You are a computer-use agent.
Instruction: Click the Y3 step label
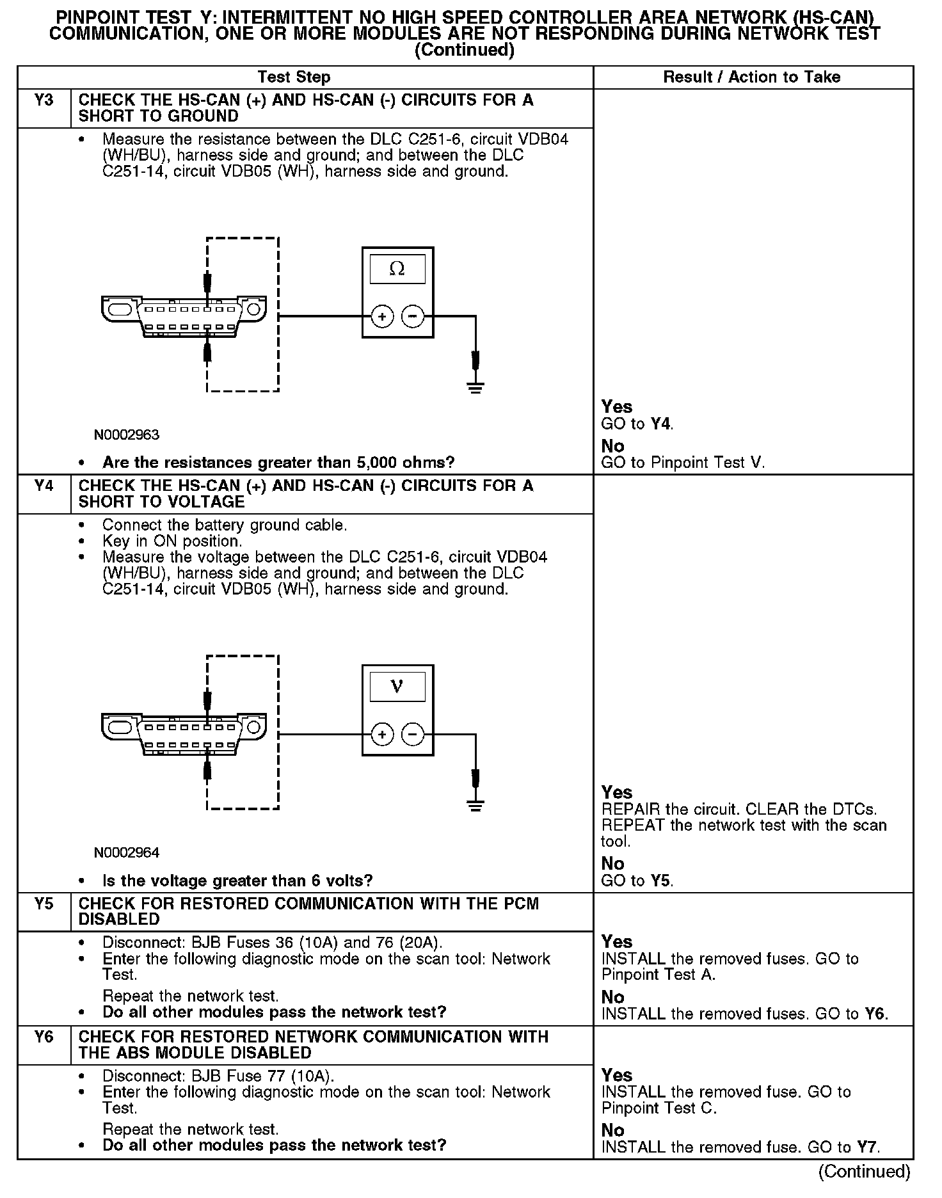click(x=44, y=100)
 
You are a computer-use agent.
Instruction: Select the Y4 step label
click(x=44, y=486)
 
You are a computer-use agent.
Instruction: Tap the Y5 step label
click(x=44, y=904)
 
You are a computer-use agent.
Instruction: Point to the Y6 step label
click(x=44, y=1037)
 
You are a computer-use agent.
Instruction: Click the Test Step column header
click(x=294, y=77)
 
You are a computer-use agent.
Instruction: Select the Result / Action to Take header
click(x=751, y=77)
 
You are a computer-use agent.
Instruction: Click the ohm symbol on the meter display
click(x=397, y=269)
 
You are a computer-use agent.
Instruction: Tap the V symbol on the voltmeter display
click(x=397, y=687)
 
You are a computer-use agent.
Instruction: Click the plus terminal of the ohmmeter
click(x=382, y=316)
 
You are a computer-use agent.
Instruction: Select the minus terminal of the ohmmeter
click(x=413, y=316)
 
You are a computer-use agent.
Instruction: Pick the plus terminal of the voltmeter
click(x=382, y=734)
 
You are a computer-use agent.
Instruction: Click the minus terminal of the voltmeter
click(x=413, y=734)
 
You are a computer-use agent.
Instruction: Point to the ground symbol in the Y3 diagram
click(x=475, y=387)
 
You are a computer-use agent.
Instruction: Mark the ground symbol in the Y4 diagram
click(x=475, y=804)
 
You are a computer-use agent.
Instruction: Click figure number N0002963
click(x=126, y=435)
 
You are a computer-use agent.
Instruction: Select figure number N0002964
click(x=126, y=852)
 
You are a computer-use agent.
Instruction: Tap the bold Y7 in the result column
click(x=868, y=1147)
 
